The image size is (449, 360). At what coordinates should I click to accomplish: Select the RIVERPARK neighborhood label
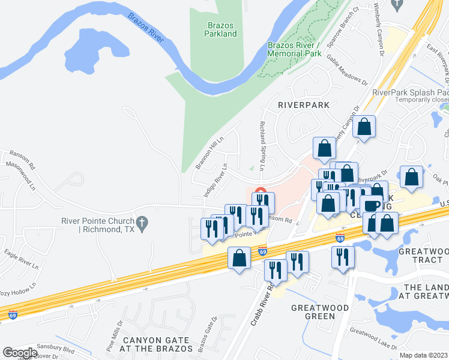(304, 104)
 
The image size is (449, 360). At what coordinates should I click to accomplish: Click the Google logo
(19, 353)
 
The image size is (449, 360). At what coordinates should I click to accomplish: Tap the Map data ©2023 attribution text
(423, 355)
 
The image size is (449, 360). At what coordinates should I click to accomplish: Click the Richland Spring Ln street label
(262, 145)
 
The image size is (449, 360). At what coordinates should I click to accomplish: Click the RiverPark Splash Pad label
(410, 92)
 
